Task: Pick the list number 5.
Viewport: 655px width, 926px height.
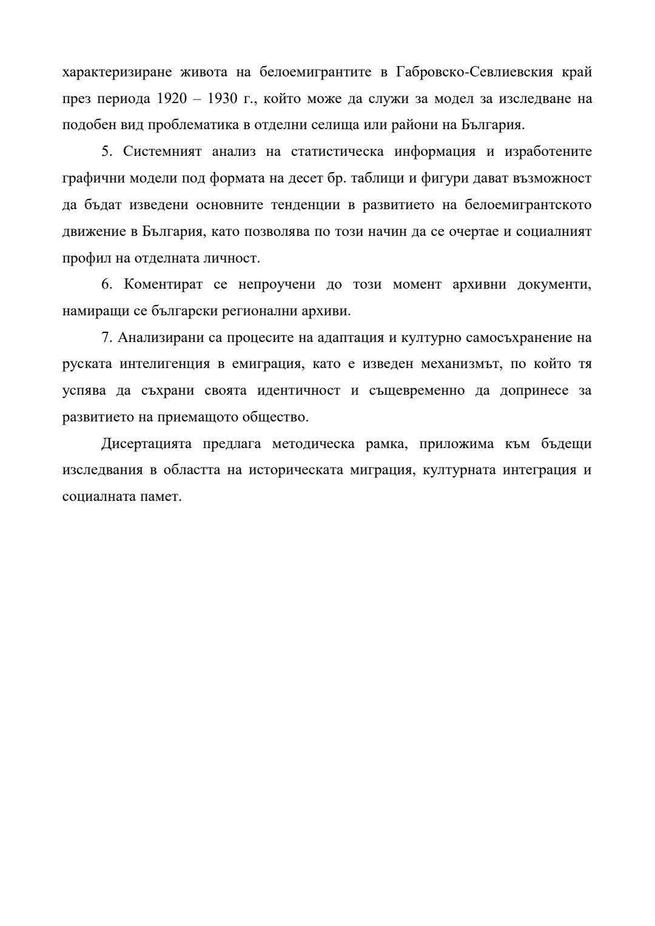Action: [x=107, y=152]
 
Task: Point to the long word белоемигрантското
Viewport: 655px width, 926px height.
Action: [x=528, y=205]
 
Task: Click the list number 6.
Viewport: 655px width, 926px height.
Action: [x=107, y=284]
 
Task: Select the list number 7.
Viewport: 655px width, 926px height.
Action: [x=106, y=338]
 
